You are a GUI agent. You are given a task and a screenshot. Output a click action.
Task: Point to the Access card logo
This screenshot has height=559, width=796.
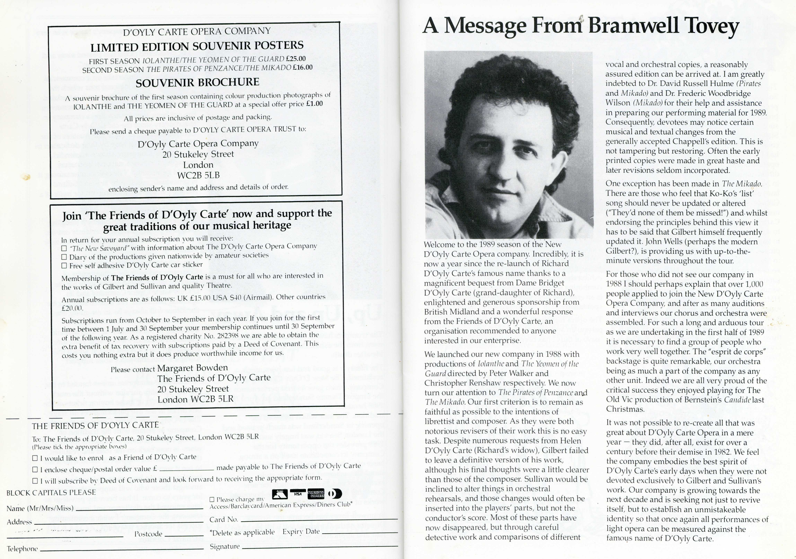click(280, 494)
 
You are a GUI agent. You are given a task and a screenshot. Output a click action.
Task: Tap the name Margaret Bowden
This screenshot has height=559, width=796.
click(192, 368)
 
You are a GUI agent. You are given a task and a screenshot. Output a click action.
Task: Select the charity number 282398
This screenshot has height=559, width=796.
click(229, 336)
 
